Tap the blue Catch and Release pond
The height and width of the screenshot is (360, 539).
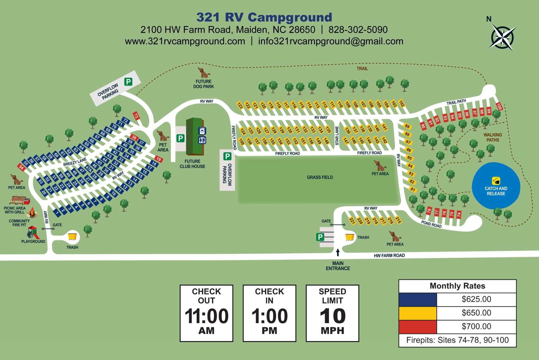tap(496, 185)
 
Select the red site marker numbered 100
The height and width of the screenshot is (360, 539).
tap(499, 106)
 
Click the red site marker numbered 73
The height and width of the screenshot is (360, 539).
tap(136, 116)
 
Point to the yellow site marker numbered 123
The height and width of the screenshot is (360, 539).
tap(240, 106)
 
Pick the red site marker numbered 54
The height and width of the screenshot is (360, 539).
tap(22, 167)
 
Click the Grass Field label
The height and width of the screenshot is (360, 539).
tap(320, 177)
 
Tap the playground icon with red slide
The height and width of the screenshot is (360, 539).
tap(33, 232)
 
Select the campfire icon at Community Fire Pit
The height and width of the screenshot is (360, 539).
tap(32, 213)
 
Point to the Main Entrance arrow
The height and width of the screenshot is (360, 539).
tap(338, 252)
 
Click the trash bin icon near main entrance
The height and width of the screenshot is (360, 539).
tap(350, 237)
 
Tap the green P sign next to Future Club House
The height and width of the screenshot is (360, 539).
tap(180, 138)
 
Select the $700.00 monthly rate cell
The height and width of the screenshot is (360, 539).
tap(476, 326)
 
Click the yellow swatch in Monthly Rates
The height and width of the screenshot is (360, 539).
tap(417, 313)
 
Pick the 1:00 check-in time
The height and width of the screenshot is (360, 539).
tap(269, 316)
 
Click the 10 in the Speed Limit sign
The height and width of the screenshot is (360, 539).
tap(333, 316)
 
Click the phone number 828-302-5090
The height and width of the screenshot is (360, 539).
tap(358, 30)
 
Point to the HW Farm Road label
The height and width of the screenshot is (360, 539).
tap(389, 256)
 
